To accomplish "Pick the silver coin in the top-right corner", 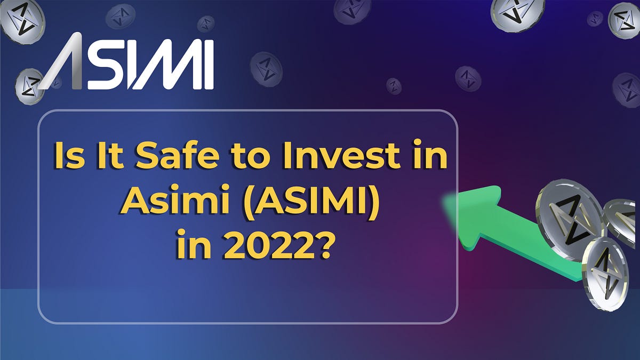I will pyautogui.click(x=623, y=20).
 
